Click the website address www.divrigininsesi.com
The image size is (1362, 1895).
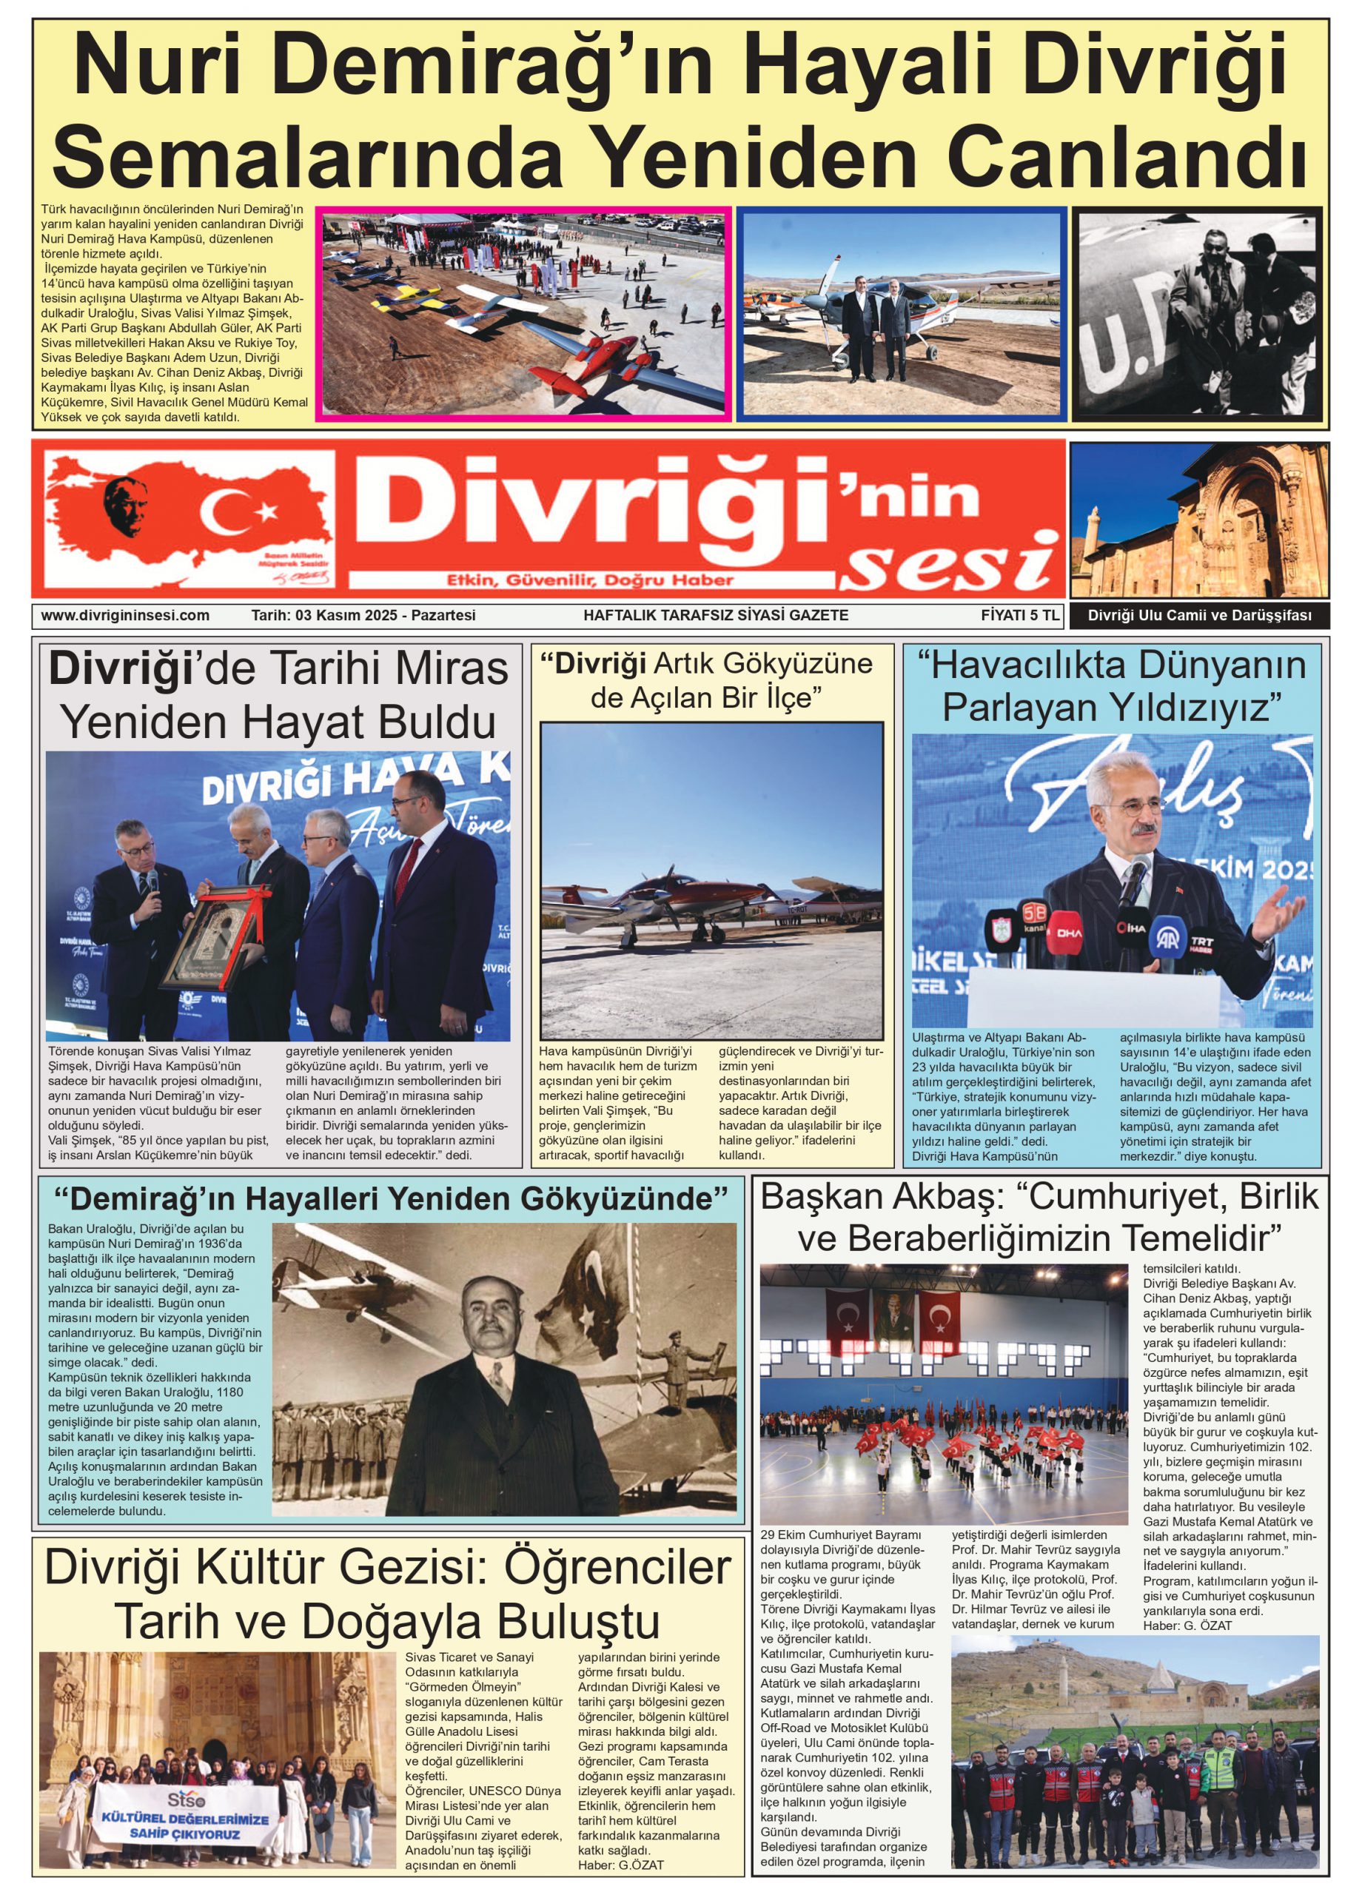124,615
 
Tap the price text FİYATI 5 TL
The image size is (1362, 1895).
1019,615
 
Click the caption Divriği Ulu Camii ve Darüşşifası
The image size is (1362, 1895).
1199,617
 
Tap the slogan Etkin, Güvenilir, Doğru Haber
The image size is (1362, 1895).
590,580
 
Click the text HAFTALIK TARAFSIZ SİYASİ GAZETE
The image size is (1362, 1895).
715,615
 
